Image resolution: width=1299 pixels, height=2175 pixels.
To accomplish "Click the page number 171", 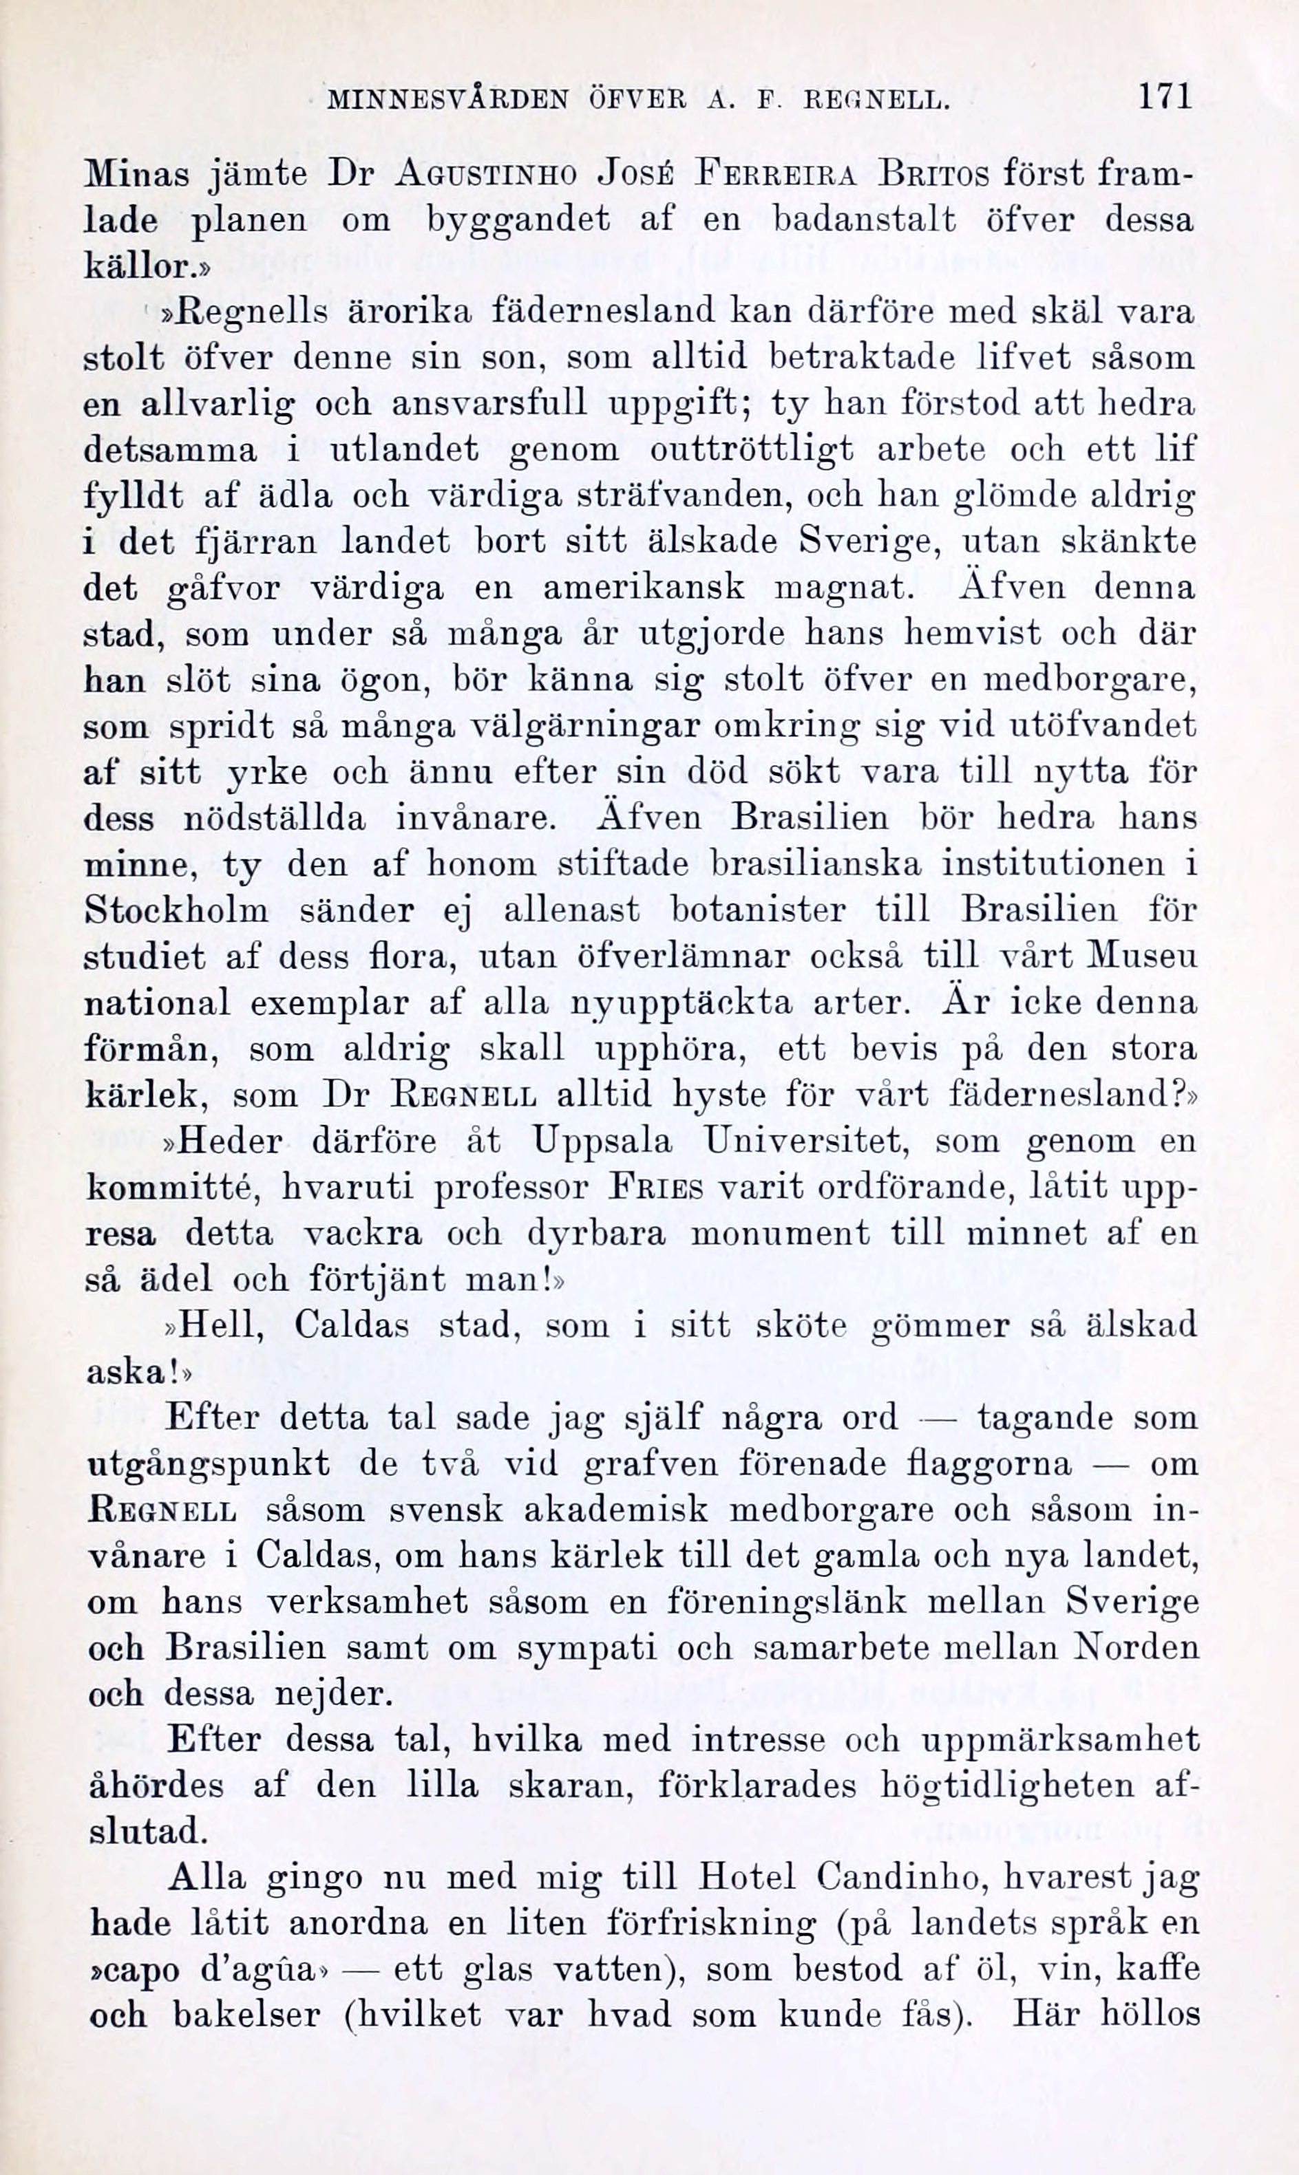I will pos(1164,96).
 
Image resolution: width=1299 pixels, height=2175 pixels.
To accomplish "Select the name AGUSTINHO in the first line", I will pos(486,175).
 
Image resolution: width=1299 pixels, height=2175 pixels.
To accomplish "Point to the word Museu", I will pos(1141,956).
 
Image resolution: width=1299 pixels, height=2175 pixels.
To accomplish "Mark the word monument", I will pos(780,1234).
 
